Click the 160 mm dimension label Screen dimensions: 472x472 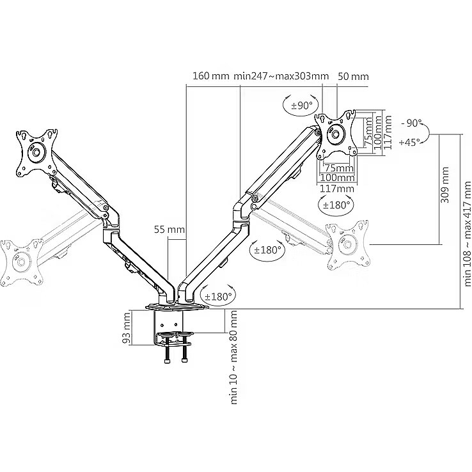(x=210, y=76)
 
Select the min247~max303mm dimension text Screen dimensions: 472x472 (x=281, y=76)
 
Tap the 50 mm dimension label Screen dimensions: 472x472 (x=353, y=76)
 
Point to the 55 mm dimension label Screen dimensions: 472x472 (x=169, y=230)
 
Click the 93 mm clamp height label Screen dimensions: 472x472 (x=127, y=328)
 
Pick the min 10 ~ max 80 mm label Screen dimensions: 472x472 (x=234, y=358)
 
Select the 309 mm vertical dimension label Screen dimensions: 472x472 (x=444, y=185)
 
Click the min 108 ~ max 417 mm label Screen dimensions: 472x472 (x=468, y=233)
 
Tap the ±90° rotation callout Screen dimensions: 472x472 (x=301, y=106)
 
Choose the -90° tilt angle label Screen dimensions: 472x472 (x=411, y=123)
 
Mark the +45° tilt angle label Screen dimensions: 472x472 (x=409, y=142)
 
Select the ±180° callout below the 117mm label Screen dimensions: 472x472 (x=336, y=205)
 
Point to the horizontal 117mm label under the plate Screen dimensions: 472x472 (x=336, y=189)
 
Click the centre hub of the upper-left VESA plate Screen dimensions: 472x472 (x=36, y=152)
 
